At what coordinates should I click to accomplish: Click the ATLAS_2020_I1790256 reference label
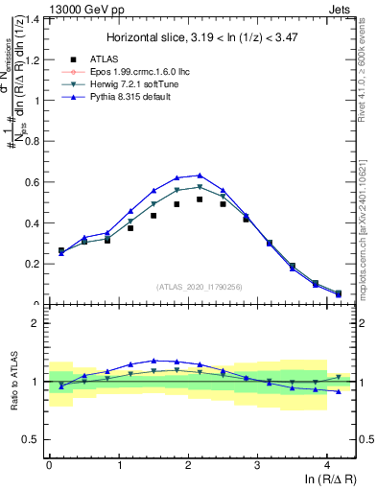[x=199, y=287]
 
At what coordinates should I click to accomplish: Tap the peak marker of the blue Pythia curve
[x=200, y=175]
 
